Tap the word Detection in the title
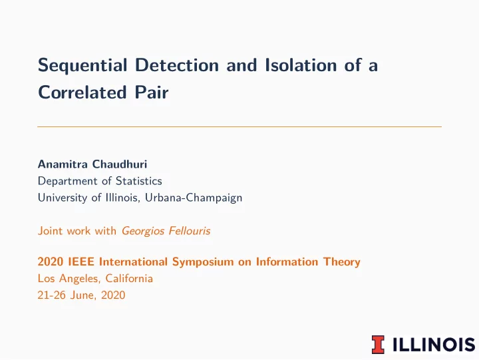(177, 65)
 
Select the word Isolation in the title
(301, 65)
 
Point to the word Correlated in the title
(82, 92)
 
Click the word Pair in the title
(152, 92)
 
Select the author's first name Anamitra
(63, 164)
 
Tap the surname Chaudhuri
(120, 164)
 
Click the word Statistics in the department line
(138, 181)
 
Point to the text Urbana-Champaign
(194, 198)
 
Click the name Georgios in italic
(143, 231)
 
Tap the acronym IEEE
(81, 262)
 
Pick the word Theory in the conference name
(342, 262)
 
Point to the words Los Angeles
(68, 279)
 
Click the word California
(129, 278)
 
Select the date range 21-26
(52, 295)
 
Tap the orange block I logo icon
(378, 345)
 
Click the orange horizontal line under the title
(239, 126)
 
